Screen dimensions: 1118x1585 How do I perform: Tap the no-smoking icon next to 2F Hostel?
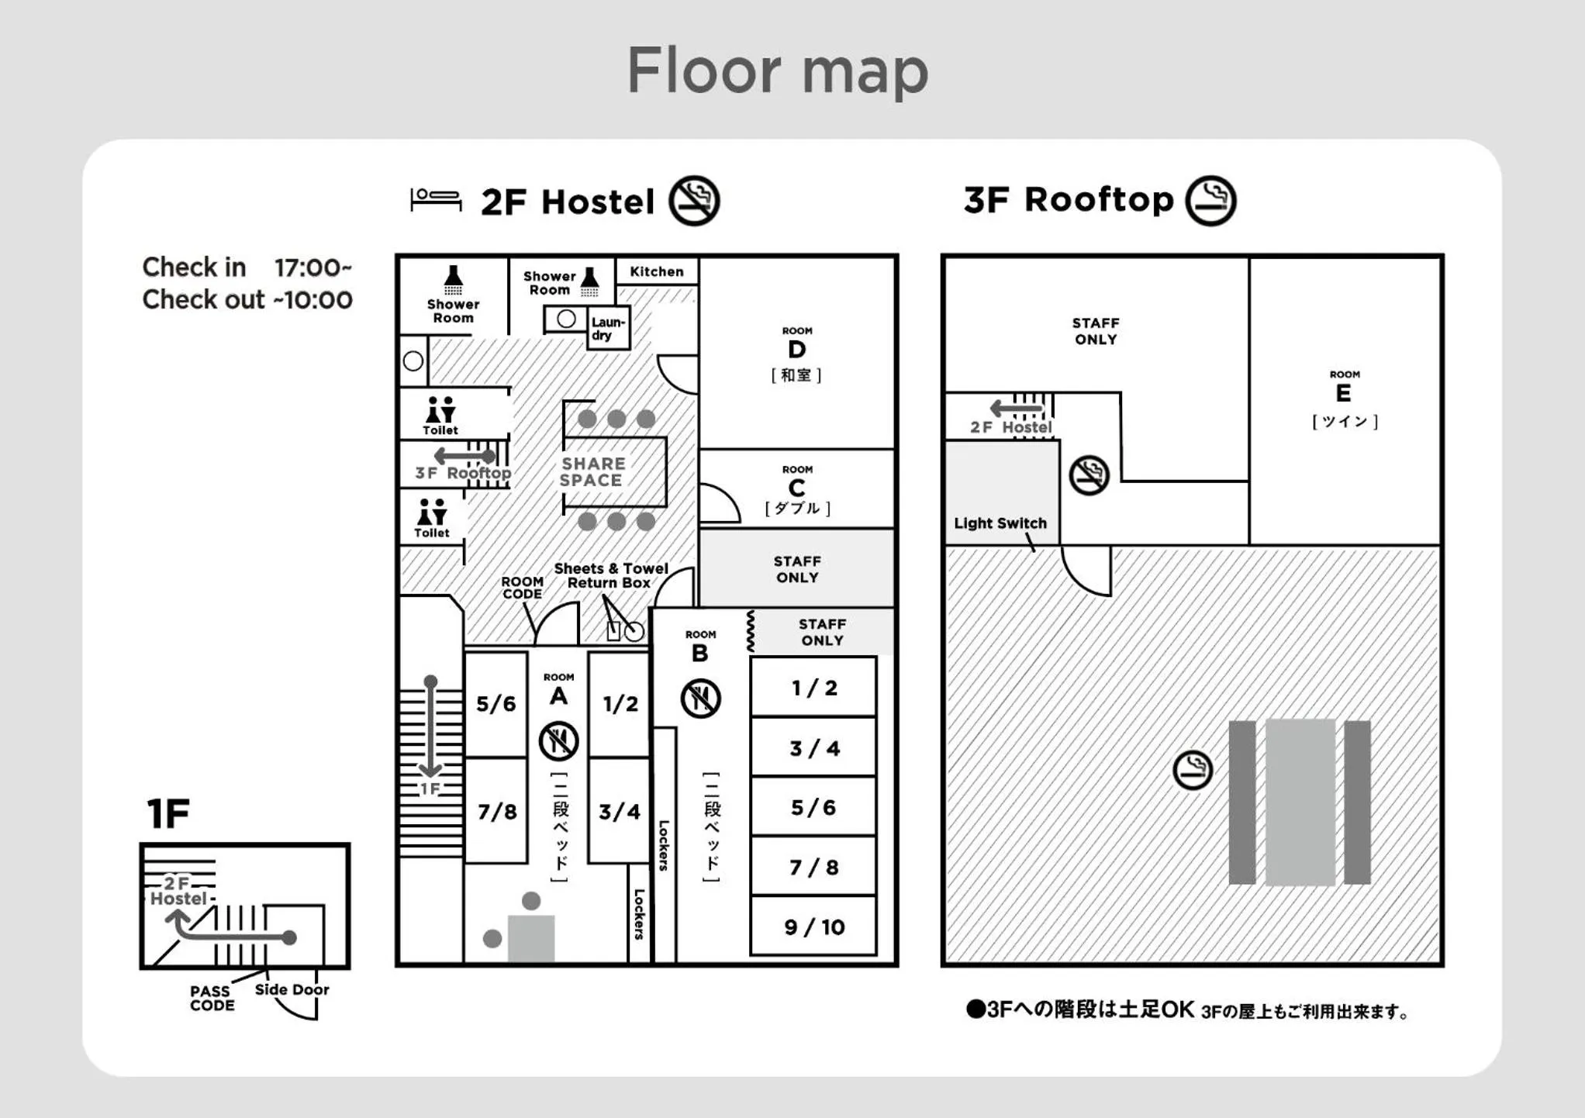point(694,201)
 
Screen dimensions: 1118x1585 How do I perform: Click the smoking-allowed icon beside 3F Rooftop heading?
point(1210,201)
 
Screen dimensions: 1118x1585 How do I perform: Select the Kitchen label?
point(656,271)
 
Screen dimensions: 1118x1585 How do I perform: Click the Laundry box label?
point(607,328)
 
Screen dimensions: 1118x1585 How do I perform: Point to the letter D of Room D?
point(796,350)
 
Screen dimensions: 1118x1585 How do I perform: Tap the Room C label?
point(796,488)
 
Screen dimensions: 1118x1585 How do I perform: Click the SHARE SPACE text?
point(592,471)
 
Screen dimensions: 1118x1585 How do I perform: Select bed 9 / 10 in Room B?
point(813,926)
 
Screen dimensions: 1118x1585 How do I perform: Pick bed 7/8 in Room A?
point(496,811)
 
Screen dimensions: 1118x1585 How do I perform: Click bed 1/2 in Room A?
point(620,703)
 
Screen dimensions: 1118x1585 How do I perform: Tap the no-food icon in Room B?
point(700,698)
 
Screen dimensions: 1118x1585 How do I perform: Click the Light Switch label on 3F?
point(1000,523)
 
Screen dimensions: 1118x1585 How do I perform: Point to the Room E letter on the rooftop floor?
point(1343,393)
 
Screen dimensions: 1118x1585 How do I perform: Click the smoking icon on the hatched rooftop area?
point(1192,770)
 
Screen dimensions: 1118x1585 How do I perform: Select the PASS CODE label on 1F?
point(212,998)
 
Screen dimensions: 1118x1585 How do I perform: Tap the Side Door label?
point(292,989)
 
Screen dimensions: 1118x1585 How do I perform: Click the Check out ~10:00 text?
point(247,299)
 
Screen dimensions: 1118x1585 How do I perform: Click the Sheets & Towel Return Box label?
point(610,575)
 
